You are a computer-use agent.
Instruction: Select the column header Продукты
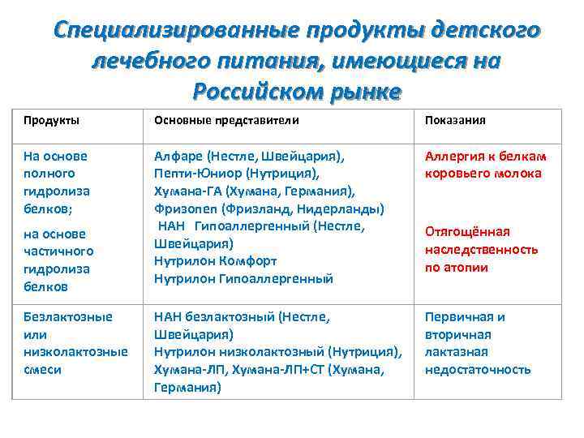51,120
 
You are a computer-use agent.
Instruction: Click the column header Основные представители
226,120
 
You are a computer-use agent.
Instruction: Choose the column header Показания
455,120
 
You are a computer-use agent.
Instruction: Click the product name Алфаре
178,156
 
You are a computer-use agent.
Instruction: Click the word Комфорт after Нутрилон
247,261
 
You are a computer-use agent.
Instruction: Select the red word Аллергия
454,156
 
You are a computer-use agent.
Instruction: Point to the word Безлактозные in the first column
68,316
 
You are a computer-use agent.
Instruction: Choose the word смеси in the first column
42,370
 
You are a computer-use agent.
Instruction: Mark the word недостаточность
478,370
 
